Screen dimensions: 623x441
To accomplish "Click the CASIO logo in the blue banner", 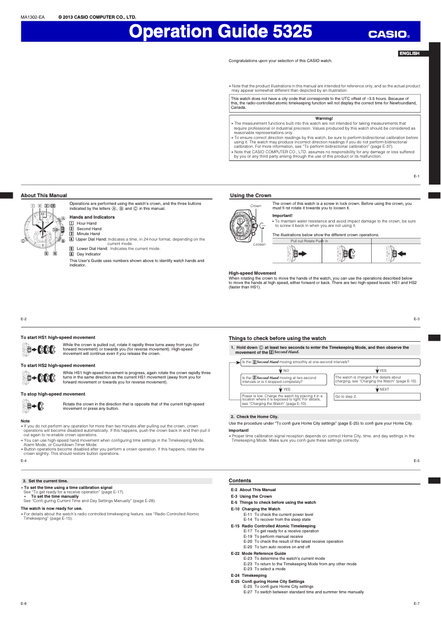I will pos(389,34).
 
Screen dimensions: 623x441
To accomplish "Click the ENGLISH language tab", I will pos(409,53).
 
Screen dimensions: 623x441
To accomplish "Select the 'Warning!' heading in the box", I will pos(324,119).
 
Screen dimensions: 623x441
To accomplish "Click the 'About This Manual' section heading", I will pos(44,196).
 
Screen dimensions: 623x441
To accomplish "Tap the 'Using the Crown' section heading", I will pos(250,196).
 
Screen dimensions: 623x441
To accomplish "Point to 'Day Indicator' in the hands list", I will pos(89,254).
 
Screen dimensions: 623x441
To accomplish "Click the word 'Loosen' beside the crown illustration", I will pos(259,244).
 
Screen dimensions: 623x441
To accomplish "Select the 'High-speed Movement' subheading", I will pos(252,273).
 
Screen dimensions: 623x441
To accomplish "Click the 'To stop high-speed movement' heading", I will pos(53,394).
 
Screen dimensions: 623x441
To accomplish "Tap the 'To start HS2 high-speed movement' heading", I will pos(58,365).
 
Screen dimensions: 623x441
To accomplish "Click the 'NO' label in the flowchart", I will pos(286,371).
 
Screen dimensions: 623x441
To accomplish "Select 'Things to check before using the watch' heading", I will pos(277,338).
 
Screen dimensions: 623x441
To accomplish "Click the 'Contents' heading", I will pos(240,481).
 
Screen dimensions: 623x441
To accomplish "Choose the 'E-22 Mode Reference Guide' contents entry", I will pos(258,553).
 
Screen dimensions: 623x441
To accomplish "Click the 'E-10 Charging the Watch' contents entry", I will pos(255,509).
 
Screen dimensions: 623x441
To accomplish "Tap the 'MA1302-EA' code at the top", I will pos(32,18).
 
